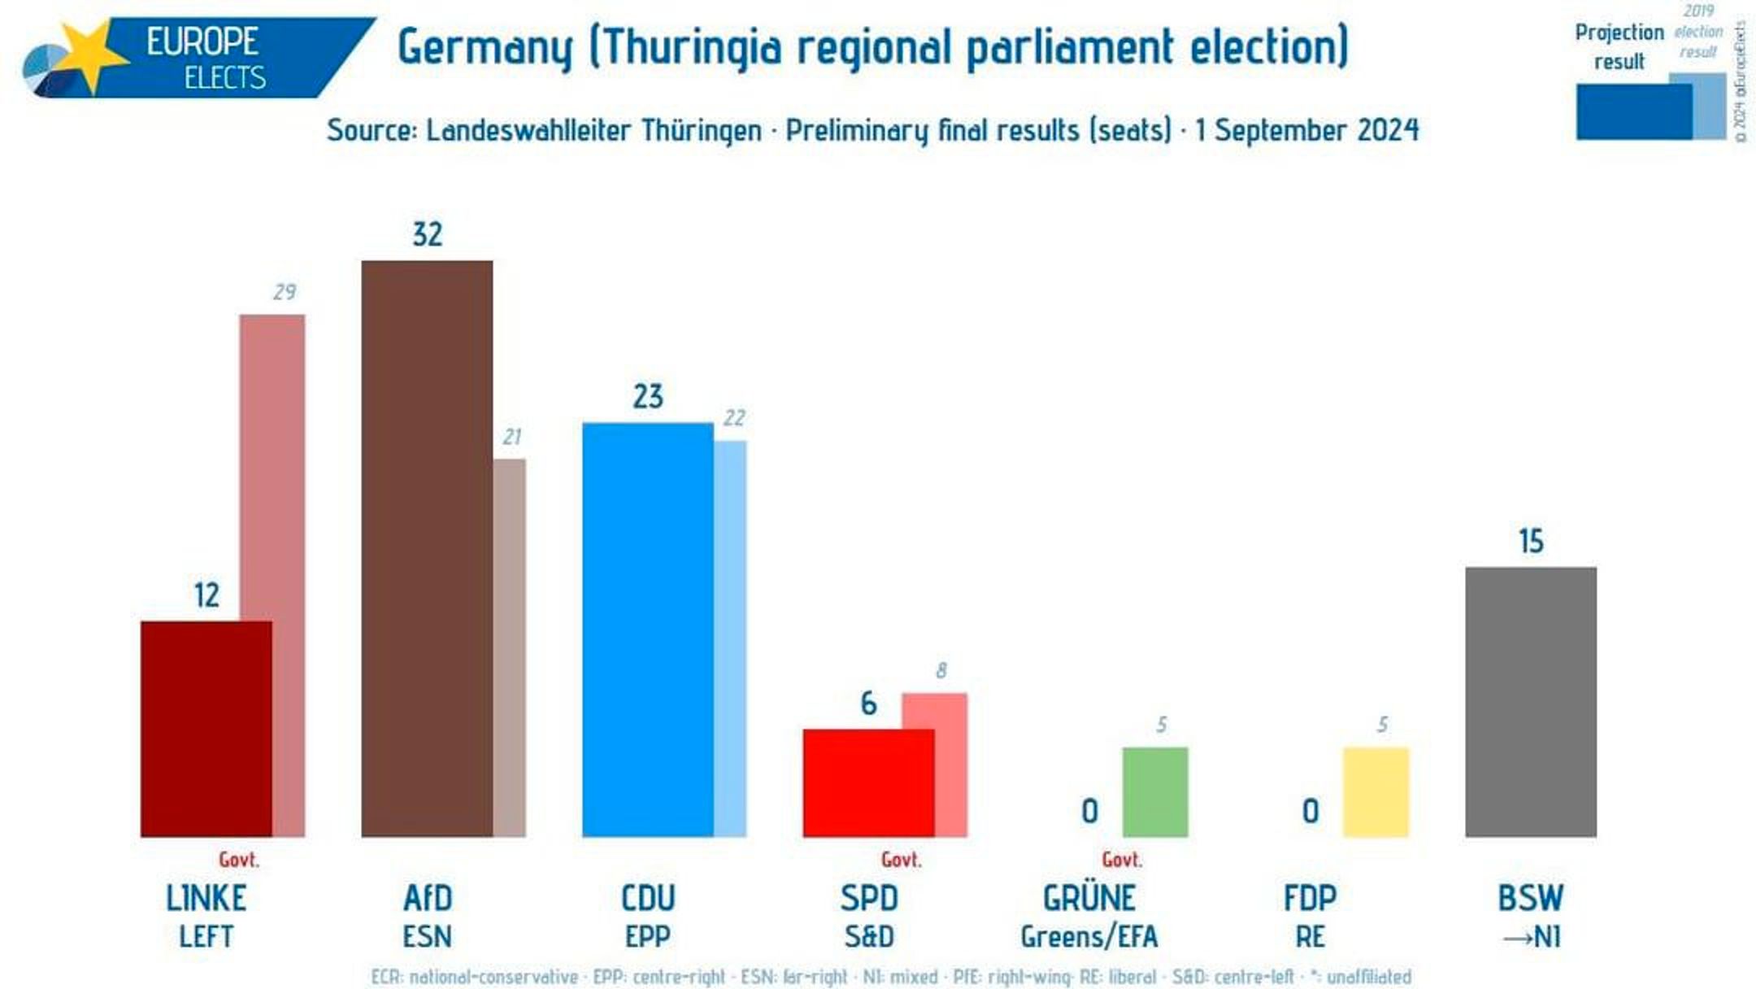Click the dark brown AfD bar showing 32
427,549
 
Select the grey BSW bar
1531,702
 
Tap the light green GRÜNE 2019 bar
1154,792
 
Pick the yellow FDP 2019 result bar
1376,792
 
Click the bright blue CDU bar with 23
647,630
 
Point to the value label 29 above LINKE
285,292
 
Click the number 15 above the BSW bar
1531,542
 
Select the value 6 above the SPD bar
868,704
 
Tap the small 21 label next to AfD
511,437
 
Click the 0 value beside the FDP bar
1310,811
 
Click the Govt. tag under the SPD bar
901,860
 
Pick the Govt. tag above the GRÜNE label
1122,860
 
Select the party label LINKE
206,899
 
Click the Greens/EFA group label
1089,937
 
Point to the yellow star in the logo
91,54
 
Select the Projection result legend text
1619,46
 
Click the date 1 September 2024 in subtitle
1306,130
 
